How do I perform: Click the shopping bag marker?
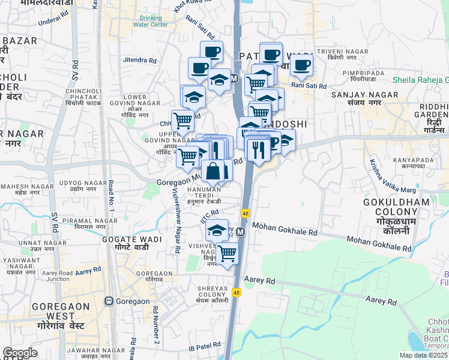tap(213, 170)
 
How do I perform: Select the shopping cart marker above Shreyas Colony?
tap(228, 254)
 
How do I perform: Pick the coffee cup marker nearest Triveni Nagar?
tap(302, 65)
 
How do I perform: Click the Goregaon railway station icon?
tap(109, 301)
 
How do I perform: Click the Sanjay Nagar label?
tap(356, 98)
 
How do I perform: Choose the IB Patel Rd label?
tap(205, 347)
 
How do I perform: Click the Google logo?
tap(20, 353)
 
